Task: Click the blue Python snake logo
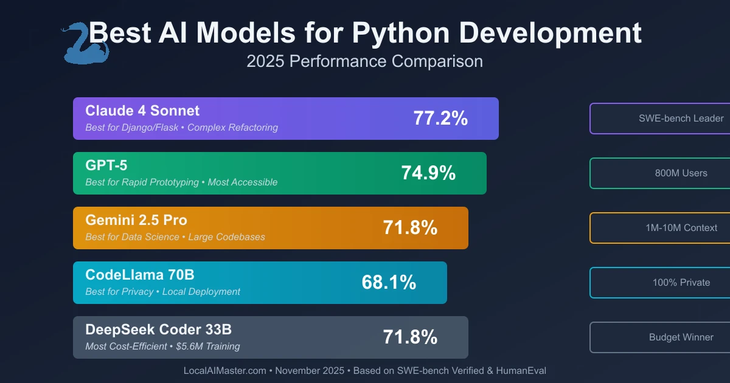[x=85, y=43]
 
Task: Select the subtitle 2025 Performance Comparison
[x=365, y=61]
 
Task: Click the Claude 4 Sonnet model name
[x=142, y=111]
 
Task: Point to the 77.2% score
[x=440, y=119]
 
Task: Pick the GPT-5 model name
[x=106, y=165]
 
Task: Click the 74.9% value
[x=428, y=173]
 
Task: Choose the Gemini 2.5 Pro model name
[x=136, y=220]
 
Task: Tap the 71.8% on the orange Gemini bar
[x=410, y=228]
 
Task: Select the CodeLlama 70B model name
[x=140, y=275]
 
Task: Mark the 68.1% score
[x=389, y=283]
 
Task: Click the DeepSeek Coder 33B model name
[x=158, y=330]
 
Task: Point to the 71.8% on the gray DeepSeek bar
[x=410, y=337]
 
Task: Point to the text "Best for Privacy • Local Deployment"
[x=163, y=292]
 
